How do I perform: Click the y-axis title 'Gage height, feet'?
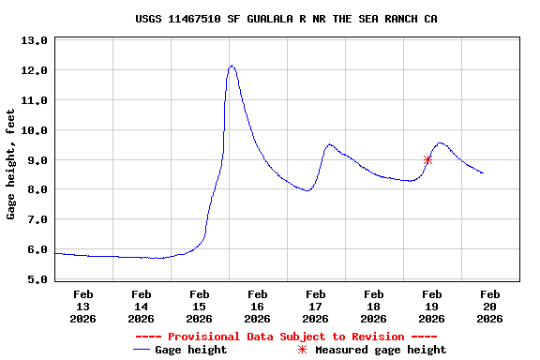click(11, 164)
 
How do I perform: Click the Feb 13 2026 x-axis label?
click(82, 307)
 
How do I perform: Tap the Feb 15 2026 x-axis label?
click(199, 307)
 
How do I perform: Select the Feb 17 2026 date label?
click(315, 307)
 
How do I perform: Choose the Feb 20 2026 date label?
click(489, 307)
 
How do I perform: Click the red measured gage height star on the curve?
click(427, 159)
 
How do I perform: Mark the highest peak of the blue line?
click(232, 66)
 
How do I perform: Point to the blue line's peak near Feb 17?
click(329, 144)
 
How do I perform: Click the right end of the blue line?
click(483, 173)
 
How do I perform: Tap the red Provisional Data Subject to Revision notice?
click(286, 337)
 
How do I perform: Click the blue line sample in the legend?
click(142, 350)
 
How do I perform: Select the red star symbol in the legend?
click(302, 350)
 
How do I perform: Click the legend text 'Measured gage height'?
click(381, 350)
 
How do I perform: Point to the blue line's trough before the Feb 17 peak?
click(307, 190)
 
